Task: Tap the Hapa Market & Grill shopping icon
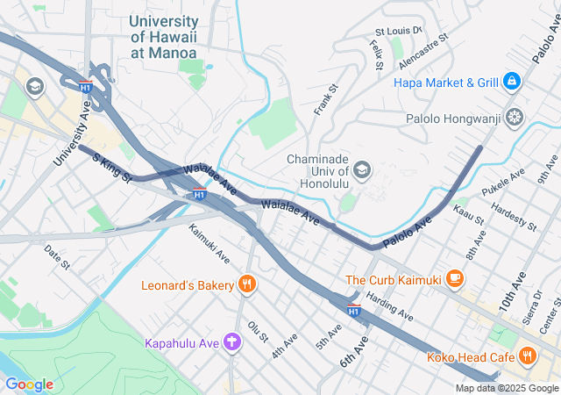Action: coord(512,83)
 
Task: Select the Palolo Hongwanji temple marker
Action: coord(515,117)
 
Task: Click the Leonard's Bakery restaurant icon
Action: coord(248,284)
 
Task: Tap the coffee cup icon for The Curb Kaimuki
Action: coord(453,279)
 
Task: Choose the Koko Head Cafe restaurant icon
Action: coord(527,356)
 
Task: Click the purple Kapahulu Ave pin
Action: coord(232,341)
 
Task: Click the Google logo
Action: coord(29,384)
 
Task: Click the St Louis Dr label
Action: coord(398,31)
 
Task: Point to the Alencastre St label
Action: coord(423,52)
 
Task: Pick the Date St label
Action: coord(57,256)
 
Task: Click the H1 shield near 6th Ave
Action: coord(353,310)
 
